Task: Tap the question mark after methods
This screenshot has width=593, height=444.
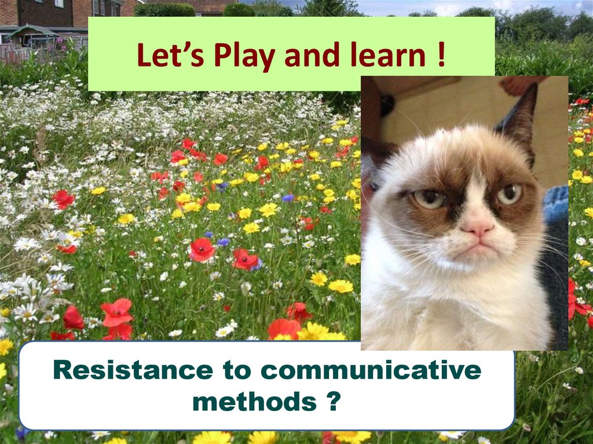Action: click(x=332, y=401)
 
